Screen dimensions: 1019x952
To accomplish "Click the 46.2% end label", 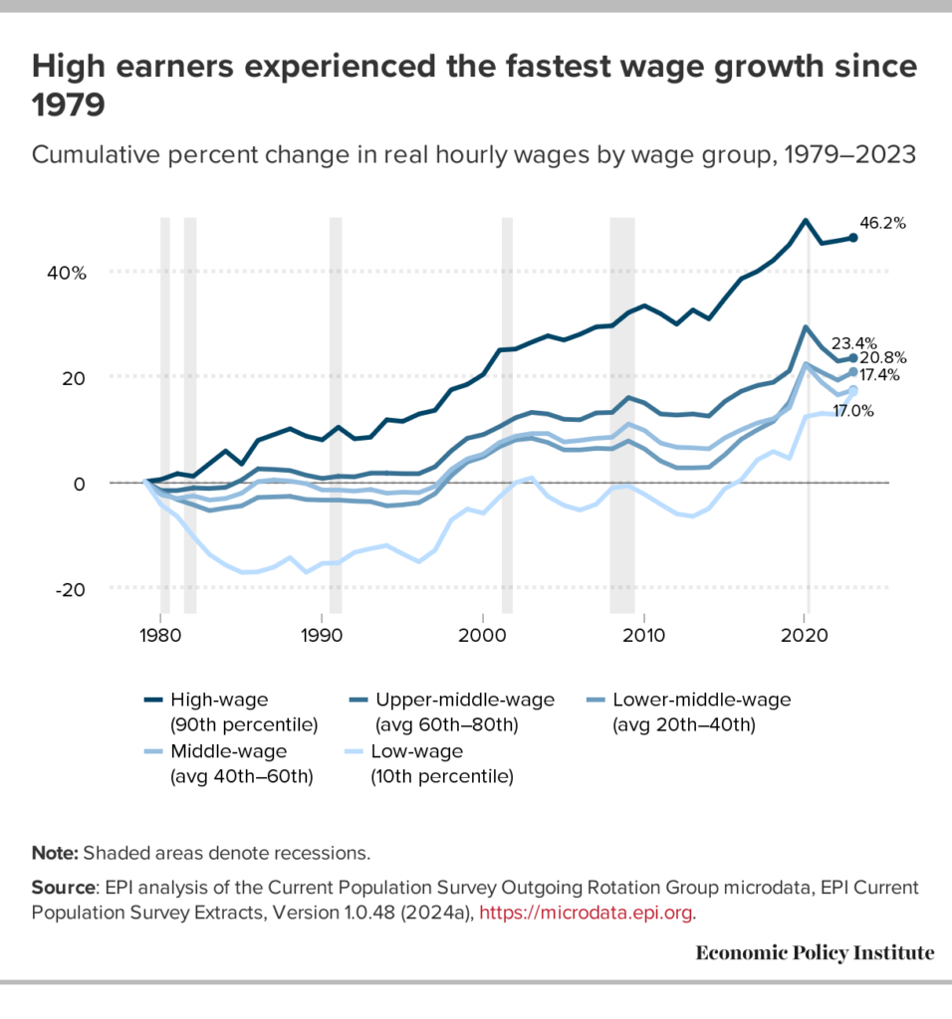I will point(882,224).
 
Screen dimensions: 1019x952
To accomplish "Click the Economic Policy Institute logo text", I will point(815,953).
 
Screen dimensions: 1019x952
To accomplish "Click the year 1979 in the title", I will point(69,103).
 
